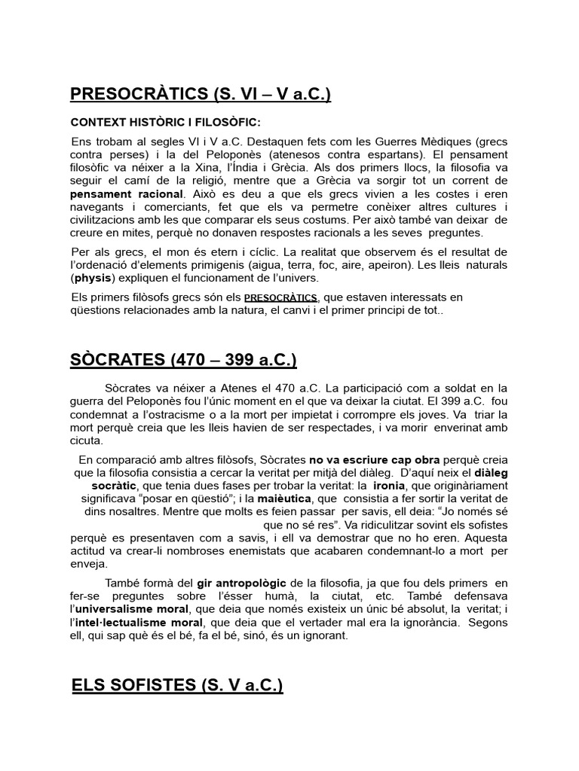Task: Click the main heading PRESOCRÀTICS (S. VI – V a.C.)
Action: (200, 94)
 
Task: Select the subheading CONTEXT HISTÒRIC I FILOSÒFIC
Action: (165, 122)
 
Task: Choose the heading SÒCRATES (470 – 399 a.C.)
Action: (183, 361)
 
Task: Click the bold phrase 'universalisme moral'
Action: (130, 608)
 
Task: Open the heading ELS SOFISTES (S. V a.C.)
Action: (177, 686)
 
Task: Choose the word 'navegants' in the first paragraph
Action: (100, 207)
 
